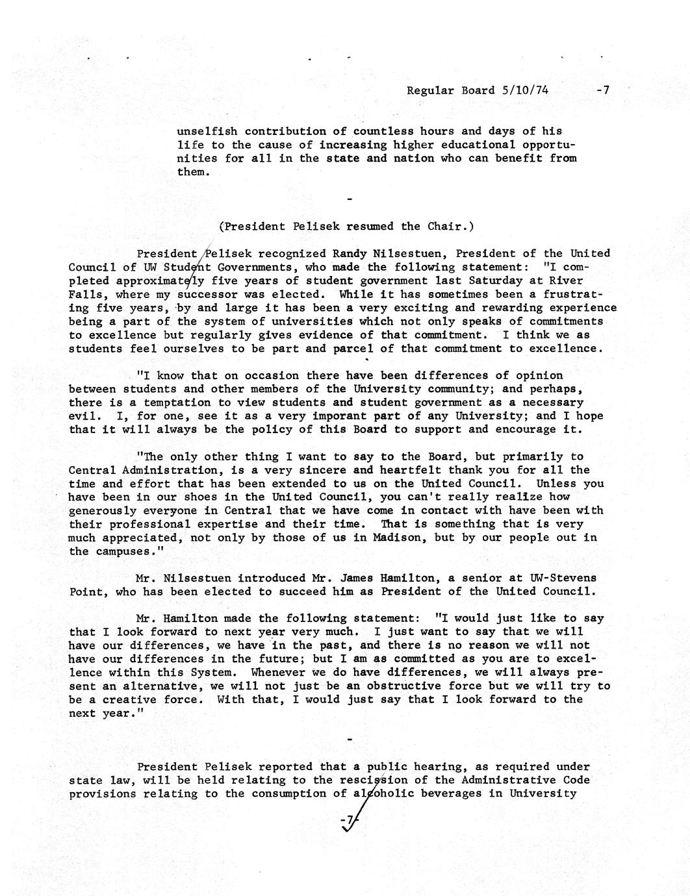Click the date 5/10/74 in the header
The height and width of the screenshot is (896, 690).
pyautogui.click(x=525, y=90)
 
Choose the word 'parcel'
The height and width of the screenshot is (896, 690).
pyautogui.click(x=353, y=349)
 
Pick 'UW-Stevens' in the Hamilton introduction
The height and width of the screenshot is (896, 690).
pyautogui.click(x=563, y=578)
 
